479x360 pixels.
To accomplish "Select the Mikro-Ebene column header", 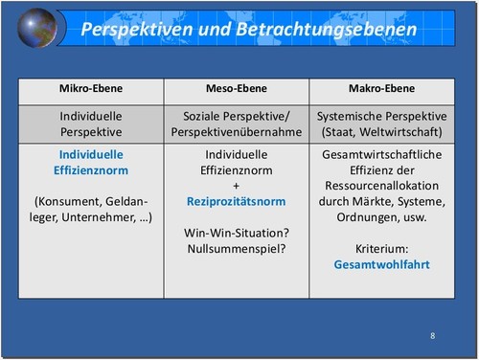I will pyautogui.click(x=92, y=90).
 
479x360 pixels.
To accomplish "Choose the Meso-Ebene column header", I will pyautogui.click(x=236, y=90).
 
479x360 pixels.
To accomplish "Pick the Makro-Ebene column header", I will pyautogui.click(x=380, y=90).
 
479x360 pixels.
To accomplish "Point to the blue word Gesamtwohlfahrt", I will pyautogui.click(x=381, y=263).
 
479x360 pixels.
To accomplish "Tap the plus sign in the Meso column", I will pyautogui.click(x=236, y=186).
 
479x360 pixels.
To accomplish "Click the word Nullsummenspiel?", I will pyautogui.click(x=236, y=249).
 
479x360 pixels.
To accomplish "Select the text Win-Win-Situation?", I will pyautogui.click(x=236, y=232).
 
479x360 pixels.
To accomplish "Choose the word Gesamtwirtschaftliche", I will pyautogui.click(x=381, y=153).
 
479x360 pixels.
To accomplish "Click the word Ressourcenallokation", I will pyautogui.click(x=381, y=186).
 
